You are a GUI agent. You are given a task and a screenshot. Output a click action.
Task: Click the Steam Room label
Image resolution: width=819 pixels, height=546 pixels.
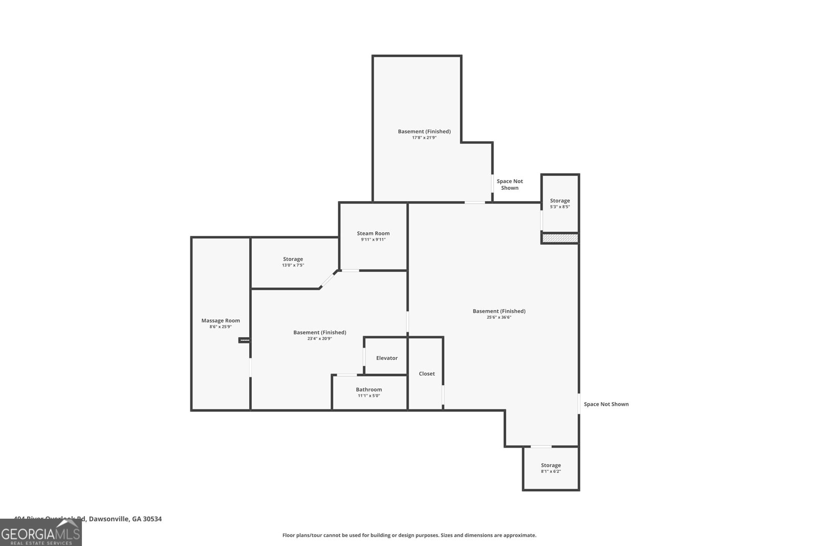click(373, 233)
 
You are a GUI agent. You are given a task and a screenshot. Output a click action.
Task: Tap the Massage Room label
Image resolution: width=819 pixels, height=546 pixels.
click(221, 321)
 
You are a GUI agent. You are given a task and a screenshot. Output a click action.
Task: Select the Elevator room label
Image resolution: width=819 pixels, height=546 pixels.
click(386, 358)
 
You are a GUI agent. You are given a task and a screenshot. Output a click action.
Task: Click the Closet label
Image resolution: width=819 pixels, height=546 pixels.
click(427, 374)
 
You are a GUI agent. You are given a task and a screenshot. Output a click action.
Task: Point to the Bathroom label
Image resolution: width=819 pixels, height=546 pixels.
click(369, 389)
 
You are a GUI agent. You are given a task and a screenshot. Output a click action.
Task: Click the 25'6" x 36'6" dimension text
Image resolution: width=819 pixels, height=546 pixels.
click(499, 317)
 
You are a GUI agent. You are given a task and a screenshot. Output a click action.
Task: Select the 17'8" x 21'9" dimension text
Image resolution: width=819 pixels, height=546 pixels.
click(424, 138)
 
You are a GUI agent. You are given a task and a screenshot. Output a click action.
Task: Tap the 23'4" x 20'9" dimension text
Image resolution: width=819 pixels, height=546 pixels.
click(319, 339)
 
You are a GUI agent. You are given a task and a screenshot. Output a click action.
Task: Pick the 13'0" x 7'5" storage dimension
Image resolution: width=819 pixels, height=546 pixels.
click(293, 265)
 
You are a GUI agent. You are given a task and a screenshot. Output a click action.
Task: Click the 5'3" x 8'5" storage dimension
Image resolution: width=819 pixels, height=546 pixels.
click(560, 207)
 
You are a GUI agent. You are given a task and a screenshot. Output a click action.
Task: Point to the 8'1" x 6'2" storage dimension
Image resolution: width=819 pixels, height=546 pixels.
click(551, 471)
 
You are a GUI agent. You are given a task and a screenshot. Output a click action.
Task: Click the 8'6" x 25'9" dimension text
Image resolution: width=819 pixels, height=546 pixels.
click(221, 327)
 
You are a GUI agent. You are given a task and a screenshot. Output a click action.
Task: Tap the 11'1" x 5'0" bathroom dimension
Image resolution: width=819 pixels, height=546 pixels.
click(369, 396)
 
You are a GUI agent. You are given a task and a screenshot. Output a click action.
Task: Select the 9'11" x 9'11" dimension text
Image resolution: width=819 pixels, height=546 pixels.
click(373, 239)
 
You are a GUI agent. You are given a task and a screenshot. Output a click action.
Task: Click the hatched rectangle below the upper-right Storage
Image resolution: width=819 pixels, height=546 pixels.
click(560, 238)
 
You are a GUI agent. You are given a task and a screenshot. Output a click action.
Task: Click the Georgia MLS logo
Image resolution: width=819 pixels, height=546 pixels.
click(41, 533)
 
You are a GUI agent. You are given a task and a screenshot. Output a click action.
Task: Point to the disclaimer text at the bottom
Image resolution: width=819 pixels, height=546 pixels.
click(409, 535)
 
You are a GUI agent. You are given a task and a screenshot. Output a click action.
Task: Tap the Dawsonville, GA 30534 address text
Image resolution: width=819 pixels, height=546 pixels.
click(125, 519)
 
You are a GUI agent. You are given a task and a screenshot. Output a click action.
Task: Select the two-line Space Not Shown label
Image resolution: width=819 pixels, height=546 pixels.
click(510, 185)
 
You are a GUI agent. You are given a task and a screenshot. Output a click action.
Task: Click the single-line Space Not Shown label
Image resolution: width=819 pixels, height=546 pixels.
click(606, 404)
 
